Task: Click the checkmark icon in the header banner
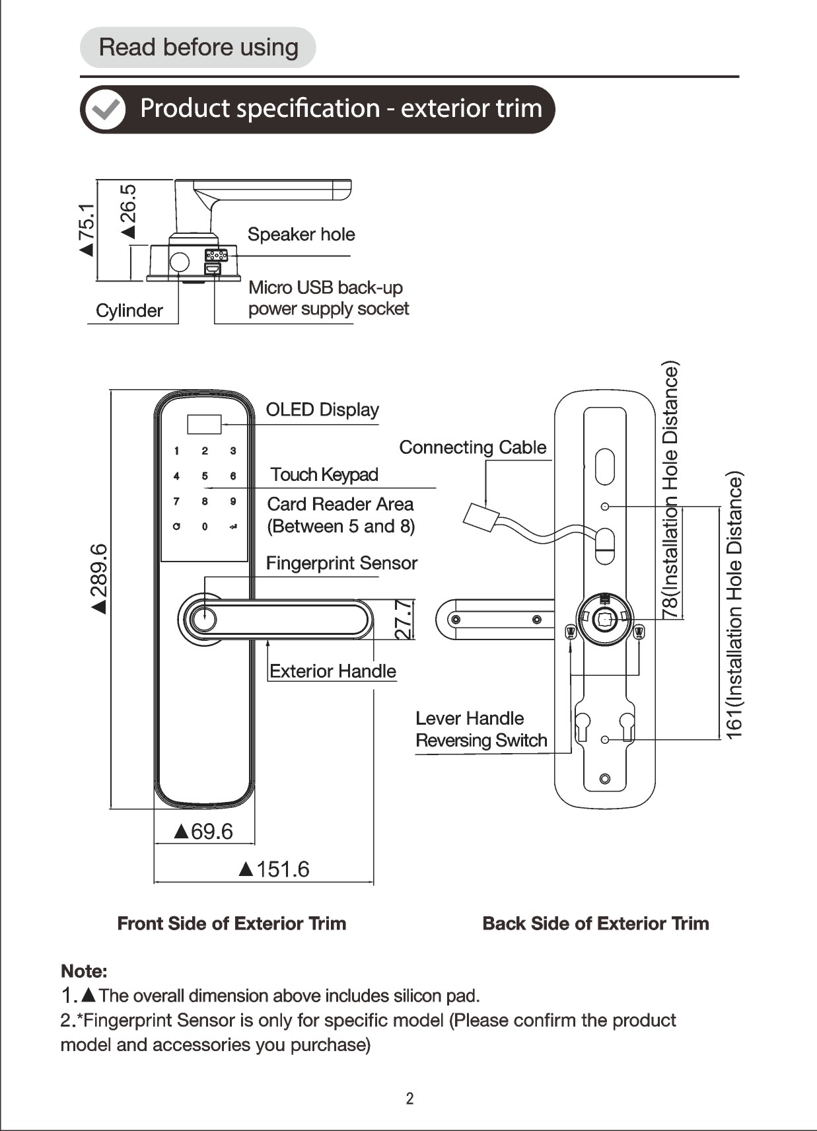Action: (105, 109)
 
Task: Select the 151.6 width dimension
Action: (274, 869)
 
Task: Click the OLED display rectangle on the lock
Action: (204, 424)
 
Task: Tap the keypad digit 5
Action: (204, 476)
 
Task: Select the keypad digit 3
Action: (233, 451)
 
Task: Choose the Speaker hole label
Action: (301, 235)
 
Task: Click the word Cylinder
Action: (129, 310)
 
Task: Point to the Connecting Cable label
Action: (473, 447)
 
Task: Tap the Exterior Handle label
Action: (333, 671)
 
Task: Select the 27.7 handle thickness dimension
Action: (405, 620)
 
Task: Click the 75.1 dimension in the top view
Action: (87, 229)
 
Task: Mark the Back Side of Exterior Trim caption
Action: (596, 924)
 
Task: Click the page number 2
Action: (409, 1099)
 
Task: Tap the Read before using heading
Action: (198, 47)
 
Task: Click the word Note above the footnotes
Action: (84, 971)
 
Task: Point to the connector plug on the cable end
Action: (481, 517)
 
